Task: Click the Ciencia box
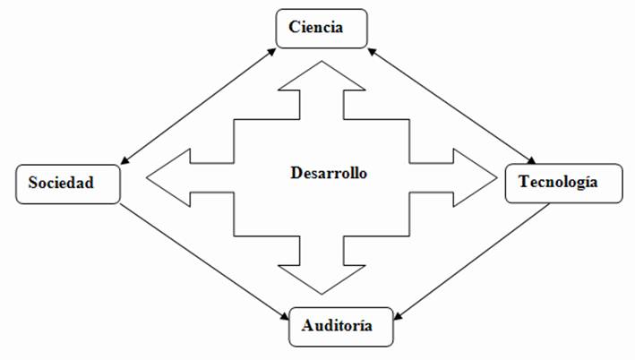point(322,28)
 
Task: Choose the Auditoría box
point(341,326)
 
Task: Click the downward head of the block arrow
point(322,279)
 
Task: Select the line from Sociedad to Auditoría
point(204,259)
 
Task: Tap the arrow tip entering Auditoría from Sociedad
point(286,315)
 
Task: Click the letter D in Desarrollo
point(296,172)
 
